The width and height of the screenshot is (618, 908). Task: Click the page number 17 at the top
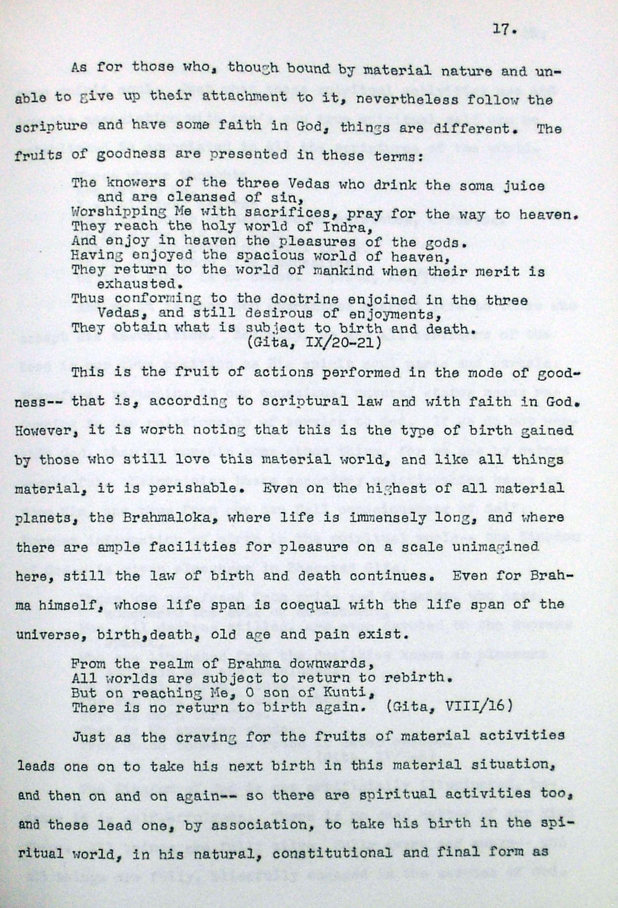pyautogui.click(x=504, y=30)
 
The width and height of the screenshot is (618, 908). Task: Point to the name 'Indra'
pyautogui.click(x=344, y=228)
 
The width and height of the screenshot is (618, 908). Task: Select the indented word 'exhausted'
pyautogui.click(x=137, y=284)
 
